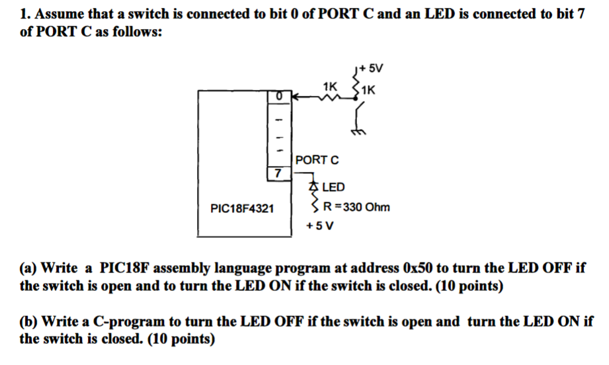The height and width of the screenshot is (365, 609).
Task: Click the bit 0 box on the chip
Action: coord(279,97)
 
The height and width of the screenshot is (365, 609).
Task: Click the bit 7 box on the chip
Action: coord(278,173)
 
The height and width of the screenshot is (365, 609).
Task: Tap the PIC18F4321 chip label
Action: coord(241,208)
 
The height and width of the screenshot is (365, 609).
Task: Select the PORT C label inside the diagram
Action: coord(317,159)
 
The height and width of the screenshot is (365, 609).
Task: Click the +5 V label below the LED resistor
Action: coord(319,225)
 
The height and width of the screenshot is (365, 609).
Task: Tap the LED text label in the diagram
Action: coord(333,188)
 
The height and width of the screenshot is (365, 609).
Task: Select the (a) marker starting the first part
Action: coord(28,268)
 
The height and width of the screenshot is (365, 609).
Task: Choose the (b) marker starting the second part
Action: coord(28,322)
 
